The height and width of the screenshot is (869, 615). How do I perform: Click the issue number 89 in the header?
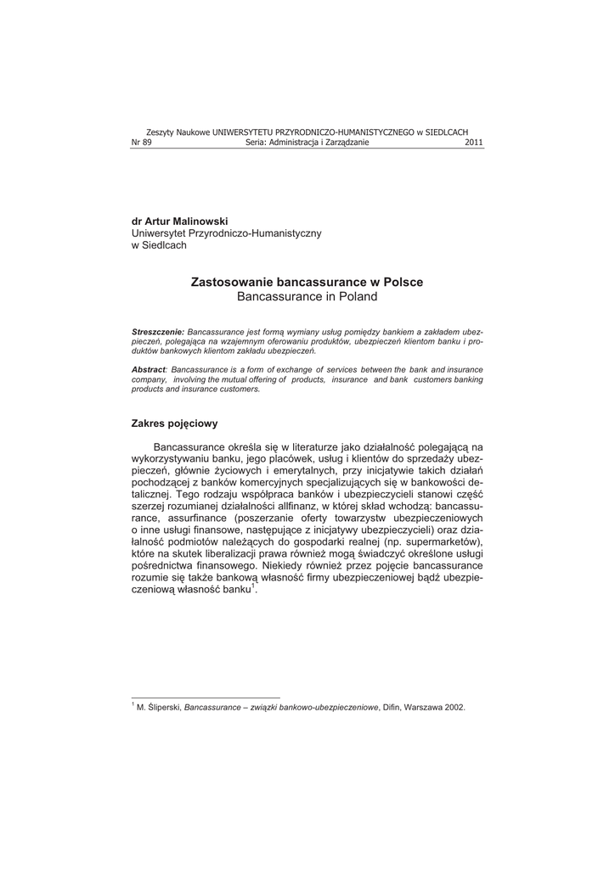[x=147, y=143]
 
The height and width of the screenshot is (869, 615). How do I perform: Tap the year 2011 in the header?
[x=474, y=143]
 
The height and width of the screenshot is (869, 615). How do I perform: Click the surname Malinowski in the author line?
[x=199, y=221]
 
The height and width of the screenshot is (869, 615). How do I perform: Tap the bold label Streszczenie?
[x=158, y=330]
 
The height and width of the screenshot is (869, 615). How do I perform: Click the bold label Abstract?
[x=149, y=370]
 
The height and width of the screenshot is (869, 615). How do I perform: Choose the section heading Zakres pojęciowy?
[x=175, y=422]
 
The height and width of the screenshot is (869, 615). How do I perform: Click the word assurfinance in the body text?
[x=194, y=517]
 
